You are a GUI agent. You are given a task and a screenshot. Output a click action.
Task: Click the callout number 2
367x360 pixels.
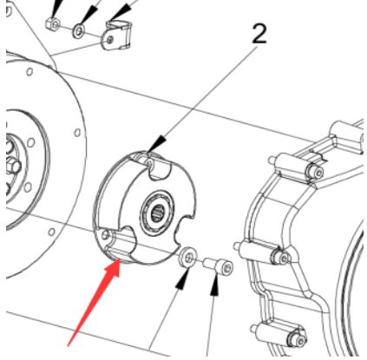point(259,34)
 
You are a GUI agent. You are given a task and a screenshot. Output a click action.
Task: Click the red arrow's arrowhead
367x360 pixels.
point(114,268)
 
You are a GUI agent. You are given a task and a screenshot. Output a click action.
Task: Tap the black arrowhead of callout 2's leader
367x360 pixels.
point(158,144)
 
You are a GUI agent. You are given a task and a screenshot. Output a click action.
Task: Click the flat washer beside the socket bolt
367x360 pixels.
point(188,257)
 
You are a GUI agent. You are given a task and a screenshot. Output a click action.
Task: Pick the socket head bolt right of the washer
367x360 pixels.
point(218,265)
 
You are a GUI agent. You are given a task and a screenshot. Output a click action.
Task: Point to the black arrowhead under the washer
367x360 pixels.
point(182,279)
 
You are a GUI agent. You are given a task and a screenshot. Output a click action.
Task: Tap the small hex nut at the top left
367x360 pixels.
point(53,24)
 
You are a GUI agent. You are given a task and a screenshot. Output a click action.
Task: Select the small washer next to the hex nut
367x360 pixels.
point(79,31)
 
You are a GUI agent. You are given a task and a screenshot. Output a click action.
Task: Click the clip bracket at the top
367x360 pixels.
point(116,36)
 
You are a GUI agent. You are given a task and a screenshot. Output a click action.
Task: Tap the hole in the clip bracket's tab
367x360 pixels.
point(109,40)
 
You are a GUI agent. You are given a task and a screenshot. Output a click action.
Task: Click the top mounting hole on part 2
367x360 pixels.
point(149,164)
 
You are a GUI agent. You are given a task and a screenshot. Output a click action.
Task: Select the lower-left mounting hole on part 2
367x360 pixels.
point(105,235)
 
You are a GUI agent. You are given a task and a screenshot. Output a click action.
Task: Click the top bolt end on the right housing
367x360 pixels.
point(315,173)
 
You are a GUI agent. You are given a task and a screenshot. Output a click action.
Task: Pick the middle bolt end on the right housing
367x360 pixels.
point(280,256)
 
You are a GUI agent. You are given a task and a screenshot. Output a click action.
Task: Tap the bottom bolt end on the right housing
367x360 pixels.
point(298,337)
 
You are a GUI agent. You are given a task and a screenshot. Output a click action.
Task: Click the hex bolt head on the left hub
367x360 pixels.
point(14,166)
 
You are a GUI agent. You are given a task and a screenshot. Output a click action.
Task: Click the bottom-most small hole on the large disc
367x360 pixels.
point(52,232)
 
